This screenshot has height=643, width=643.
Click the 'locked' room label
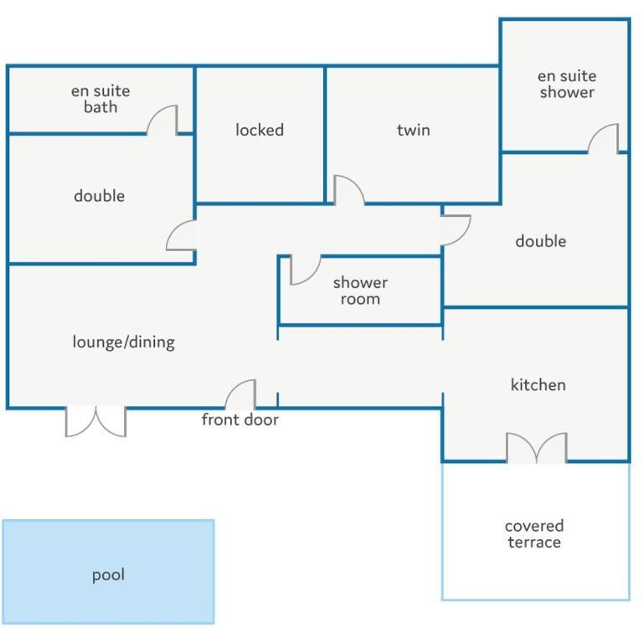(x=260, y=130)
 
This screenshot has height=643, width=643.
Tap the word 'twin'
(x=414, y=130)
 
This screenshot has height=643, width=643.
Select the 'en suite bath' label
(x=100, y=99)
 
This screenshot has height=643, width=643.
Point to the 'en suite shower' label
(x=567, y=84)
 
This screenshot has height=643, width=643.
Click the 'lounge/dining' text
(x=123, y=342)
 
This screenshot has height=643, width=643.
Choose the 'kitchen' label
(x=538, y=384)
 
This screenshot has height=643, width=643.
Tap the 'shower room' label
(x=361, y=291)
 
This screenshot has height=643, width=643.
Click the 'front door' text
(x=240, y=419)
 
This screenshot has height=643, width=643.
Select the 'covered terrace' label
(x=534, y=534)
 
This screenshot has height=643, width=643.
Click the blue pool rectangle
(x=108, y=572)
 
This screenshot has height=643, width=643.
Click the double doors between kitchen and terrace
(x=537, y=447)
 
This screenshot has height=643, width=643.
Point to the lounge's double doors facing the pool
(x=96, y=422)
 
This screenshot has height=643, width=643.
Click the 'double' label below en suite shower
(x=541, y=241)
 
